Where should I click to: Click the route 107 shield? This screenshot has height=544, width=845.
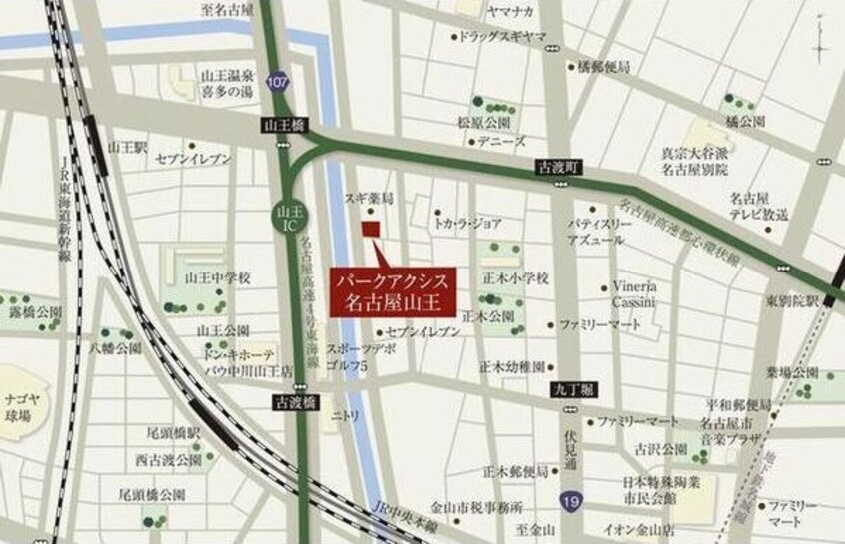coord(280,83)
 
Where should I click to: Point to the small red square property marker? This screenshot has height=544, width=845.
coord(371,229)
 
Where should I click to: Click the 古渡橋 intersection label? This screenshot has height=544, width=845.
coord(295,401)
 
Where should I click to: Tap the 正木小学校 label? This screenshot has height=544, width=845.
coord(514,277)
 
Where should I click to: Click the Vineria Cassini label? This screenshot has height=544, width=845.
coord(628,291)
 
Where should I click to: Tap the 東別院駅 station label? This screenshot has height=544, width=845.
coord(792,300)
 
